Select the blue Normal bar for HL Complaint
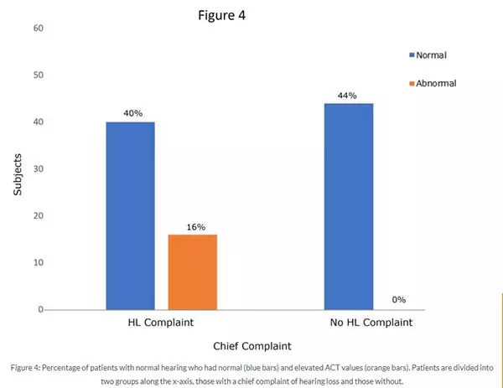tap(130, 215)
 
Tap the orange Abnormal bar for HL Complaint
tap(193, 272)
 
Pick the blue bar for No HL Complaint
tap(348, 206)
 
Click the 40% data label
tap(130, 114)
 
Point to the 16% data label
tap(193, 226)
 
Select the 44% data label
tap(348, 96)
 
